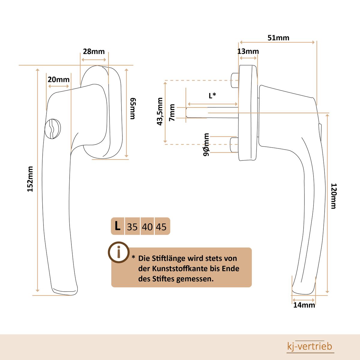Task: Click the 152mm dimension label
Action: [30, 179]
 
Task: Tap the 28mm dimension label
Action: [94, 52]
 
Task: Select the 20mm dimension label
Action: [58, 79]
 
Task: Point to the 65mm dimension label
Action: [133, 109]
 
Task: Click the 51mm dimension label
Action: [278, 38]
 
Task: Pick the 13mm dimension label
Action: [248, 51]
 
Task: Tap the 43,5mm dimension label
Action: [160, 112]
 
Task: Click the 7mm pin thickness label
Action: [172, 113]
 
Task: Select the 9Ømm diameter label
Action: [206, 145]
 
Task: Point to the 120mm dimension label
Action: [334, 196]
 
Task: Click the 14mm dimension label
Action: [304, 305]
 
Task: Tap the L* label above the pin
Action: [212, 95]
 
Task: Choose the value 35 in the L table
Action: [132, 227]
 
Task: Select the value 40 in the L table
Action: [147, 227]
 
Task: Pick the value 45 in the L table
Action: [161, 227]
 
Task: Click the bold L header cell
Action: [118, 226]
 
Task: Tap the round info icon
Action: [118, 252]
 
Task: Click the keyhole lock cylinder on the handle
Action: [53, 129]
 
